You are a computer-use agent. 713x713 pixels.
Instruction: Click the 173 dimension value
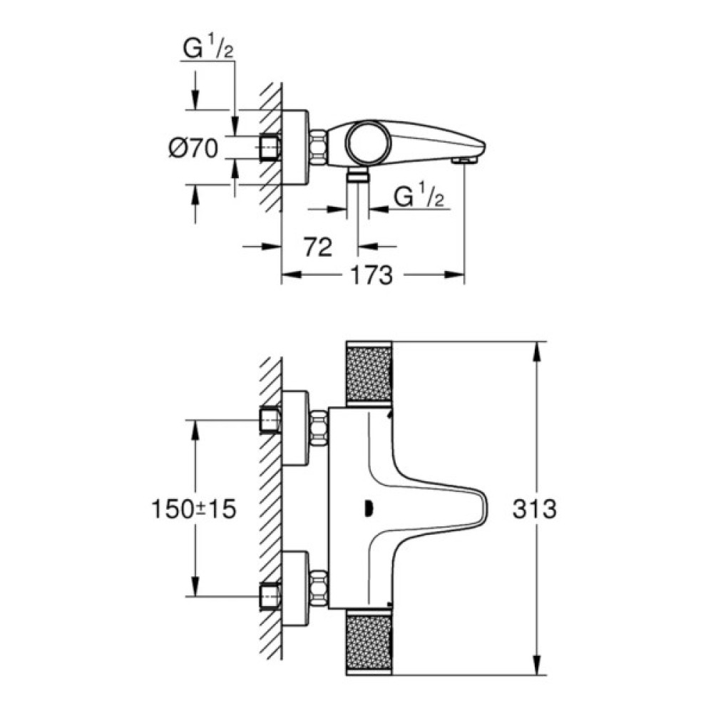pos(371,275)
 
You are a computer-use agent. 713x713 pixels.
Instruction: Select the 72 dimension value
pos(318,247)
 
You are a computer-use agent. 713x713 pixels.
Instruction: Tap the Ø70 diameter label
pos(193,148)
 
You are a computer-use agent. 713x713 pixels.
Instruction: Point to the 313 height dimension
pos(534,509)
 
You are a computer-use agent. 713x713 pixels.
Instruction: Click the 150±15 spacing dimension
pos(193,509)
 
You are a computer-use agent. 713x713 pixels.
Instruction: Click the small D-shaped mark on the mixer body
pos(369,508)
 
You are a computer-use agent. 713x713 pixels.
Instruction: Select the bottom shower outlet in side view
pos(356,177)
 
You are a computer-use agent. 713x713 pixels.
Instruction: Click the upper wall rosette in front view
pos(295,428)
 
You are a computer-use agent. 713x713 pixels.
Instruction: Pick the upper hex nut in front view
pos(319,428)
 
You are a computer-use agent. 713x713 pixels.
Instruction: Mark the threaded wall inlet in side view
pos(270,148)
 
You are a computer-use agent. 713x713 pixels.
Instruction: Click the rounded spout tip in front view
pos(485,508)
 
